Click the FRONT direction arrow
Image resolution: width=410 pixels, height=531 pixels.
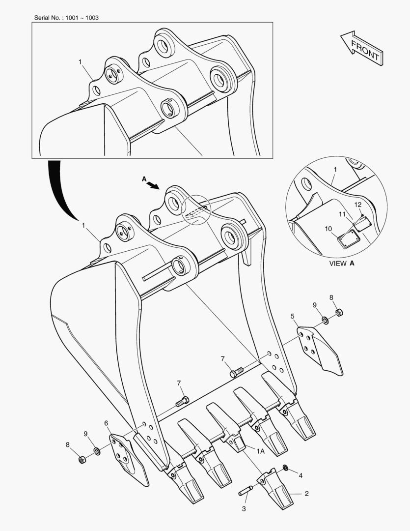click(361, 48)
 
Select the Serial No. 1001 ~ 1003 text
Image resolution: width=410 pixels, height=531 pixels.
click(66, 18)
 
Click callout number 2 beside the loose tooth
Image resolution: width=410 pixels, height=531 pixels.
click(306, 493)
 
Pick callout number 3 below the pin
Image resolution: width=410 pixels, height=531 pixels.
click(244, 509)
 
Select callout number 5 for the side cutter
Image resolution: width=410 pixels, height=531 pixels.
click(292, 316)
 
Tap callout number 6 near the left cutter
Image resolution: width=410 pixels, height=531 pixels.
click(106, 423)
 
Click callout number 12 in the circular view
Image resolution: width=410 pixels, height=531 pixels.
click(358, 205)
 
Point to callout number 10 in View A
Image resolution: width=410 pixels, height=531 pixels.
click(328, 229)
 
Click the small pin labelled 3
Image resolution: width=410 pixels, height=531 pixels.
click(246, 491)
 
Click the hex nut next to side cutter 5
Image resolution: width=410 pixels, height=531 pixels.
click(339, 312)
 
